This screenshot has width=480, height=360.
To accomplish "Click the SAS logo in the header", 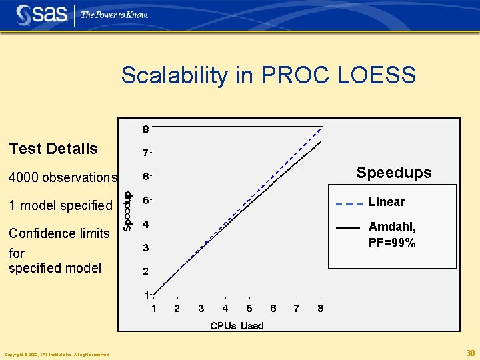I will (41, 14).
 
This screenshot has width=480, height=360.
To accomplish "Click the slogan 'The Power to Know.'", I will (114, 15).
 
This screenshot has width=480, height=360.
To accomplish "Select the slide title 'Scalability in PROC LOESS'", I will (268, 75).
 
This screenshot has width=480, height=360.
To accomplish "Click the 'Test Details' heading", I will (53, 149).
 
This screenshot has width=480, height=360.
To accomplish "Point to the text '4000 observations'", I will (63, 177).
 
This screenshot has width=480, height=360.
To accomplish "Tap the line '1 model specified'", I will (61, 205).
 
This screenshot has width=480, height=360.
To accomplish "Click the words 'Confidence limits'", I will (59, 233).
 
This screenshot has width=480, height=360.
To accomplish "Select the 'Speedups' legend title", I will (393, 173).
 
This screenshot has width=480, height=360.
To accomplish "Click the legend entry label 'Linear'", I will (387, 202).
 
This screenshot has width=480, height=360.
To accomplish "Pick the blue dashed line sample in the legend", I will (349, 203).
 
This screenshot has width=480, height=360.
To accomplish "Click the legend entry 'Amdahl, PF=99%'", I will (392, 235).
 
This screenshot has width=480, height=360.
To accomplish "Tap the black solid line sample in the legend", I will (349, 228).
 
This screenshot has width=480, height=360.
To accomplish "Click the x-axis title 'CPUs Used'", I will (237, 325).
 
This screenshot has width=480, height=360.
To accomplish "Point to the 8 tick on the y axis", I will (146, 129).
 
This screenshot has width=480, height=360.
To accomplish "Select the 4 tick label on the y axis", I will (146, 224).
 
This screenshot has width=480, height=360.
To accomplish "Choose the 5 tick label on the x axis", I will (249, 308).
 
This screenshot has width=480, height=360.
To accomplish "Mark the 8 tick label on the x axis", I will (321, 308).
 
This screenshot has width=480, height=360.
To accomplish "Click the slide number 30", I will (470, 353).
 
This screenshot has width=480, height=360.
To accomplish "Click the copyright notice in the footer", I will (57, 354).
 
